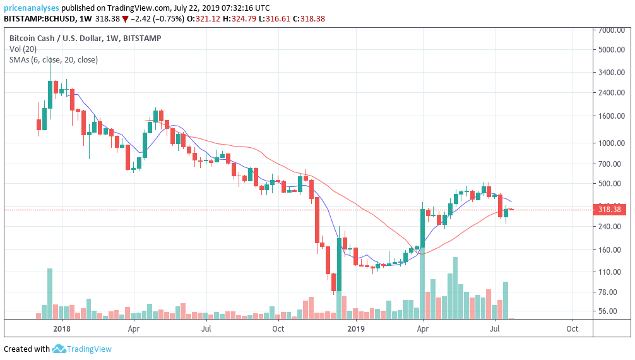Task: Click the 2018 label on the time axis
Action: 62,328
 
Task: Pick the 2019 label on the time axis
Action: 357,328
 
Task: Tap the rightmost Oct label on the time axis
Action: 572,328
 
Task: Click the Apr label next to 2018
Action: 133,328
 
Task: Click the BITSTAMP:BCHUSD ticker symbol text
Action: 39,19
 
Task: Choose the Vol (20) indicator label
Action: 22,49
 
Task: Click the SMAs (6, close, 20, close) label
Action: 54,59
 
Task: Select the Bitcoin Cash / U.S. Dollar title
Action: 54,38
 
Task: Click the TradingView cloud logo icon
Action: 60,349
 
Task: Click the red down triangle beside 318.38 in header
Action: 126,19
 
